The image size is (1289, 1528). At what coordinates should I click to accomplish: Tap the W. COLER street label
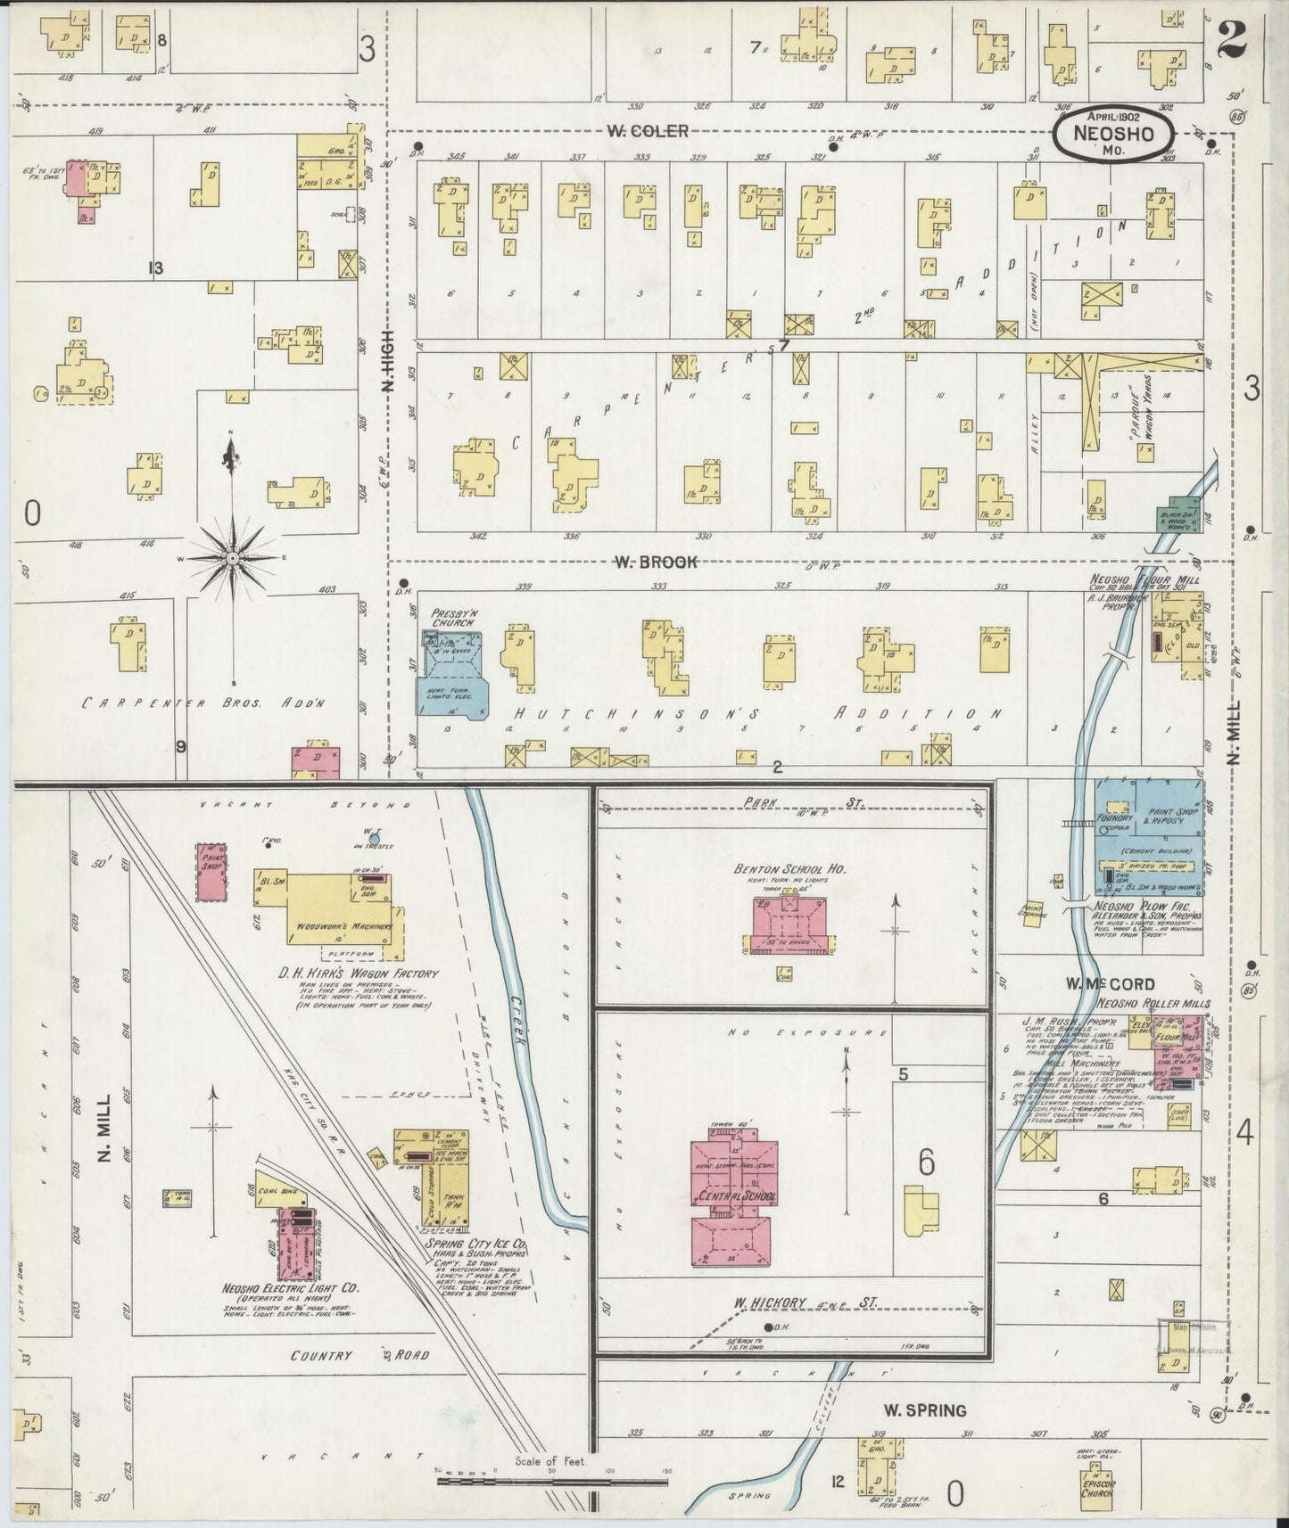pyautogui.click(x=647, y=131)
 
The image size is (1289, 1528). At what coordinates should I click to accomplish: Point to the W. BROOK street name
pyautogui.click(x=655, y=562)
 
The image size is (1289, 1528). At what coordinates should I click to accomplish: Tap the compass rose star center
pyautogui.click(x=231, y=558)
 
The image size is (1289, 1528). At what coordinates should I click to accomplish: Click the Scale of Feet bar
pyautogui.click(x=552, y=1482)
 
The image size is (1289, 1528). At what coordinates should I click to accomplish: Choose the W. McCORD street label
pyautogui.click(x=1110, y=984)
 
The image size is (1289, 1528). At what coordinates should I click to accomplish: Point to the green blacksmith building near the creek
pyautogui.click(x=1177, y=514)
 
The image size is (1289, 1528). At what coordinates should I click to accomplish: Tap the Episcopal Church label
pyautogui.click(x=1095, y=1487)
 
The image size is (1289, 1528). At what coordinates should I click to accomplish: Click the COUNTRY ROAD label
pyautogui.click(x=359, y=1356)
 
